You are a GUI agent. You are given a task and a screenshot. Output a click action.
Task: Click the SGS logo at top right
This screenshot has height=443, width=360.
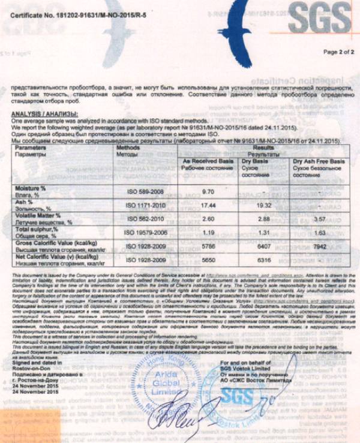[318, 19]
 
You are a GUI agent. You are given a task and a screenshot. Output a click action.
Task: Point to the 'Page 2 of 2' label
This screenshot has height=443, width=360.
[339, 52]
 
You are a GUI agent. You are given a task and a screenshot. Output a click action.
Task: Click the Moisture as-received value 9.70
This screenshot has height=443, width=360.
[208, 191]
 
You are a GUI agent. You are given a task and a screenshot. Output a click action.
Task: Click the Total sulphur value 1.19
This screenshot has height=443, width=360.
[208, 232]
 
